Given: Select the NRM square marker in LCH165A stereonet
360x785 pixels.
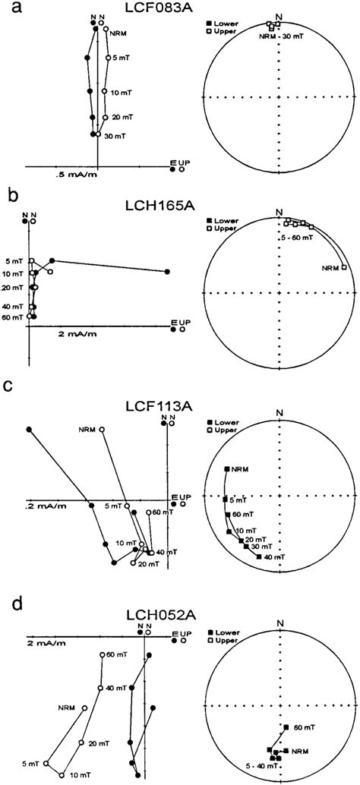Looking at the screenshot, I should point(344,267).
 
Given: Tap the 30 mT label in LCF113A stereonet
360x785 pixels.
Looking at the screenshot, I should point(266,547).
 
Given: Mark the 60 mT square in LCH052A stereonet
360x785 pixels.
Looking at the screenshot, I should point(286,727).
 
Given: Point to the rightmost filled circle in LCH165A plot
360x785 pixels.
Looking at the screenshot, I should point(167,271).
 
